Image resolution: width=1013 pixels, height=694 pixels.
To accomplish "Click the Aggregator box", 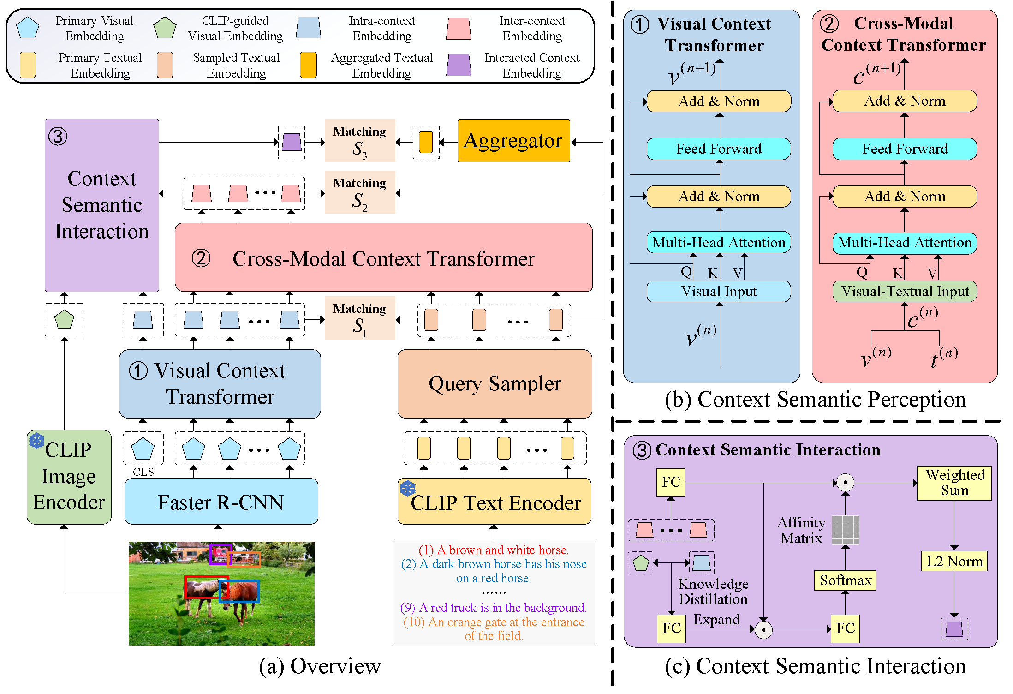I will tap(513, 140).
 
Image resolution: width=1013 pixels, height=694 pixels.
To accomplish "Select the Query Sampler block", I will tap(495, 383).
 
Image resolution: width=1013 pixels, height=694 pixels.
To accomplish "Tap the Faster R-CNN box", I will tap(221, 502).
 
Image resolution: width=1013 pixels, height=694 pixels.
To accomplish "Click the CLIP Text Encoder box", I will tap(495, 502).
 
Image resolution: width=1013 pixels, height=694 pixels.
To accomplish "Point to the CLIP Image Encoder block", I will tap(69, 477).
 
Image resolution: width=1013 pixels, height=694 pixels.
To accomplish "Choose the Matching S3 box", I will tap(360, 141).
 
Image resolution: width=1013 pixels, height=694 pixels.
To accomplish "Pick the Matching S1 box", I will tap(360, 318).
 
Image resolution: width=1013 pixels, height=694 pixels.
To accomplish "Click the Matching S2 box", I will tap(360, 192).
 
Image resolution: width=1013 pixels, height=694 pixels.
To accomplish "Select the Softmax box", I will tap(845, 580).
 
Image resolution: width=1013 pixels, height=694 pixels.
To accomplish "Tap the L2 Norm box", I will tap(954, 561).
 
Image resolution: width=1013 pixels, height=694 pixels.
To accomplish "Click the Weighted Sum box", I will tap(954, 483).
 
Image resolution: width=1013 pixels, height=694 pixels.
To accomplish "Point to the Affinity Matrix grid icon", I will tap(846, 530).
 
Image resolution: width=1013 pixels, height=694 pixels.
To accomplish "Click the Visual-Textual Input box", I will tap(905, 292).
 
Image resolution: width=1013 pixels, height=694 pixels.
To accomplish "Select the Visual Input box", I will tap(719, 292).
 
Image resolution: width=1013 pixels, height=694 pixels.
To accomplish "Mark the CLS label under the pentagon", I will tap(143, 472).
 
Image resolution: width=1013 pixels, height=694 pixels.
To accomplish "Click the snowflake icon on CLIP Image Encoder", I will tap(36, 441).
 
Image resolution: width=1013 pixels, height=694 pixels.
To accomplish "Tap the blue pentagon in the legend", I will tap(28, 28).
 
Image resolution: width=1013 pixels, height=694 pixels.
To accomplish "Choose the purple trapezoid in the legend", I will tap(459, 65).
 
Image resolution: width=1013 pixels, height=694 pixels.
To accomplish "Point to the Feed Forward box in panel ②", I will tap(905, 149).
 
